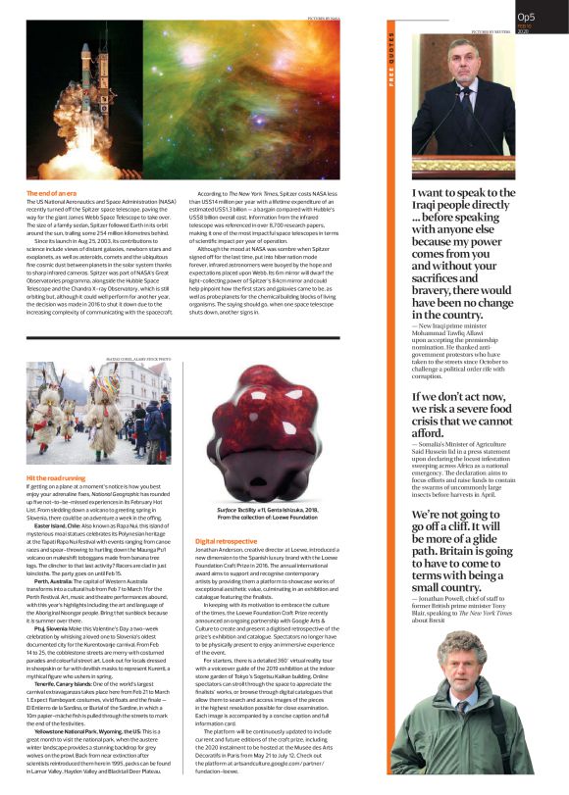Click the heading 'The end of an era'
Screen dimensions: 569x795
pyautogui.click(x=53, y=194)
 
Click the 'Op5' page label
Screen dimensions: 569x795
pyautogui.click(x=526, y=17)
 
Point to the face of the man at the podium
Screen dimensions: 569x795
pyautogui.click(x=473, y=62)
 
